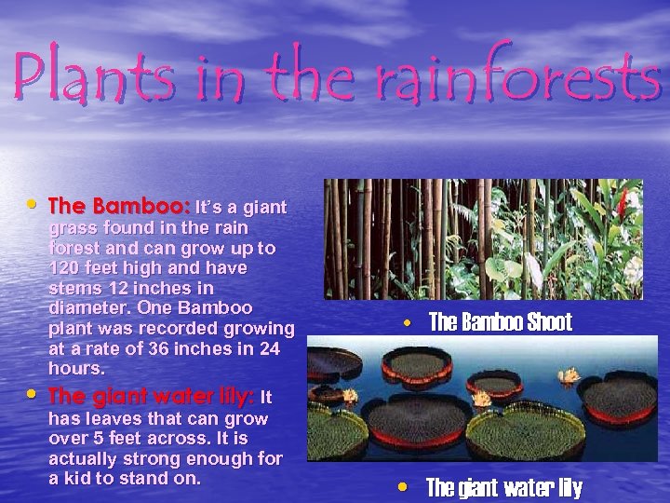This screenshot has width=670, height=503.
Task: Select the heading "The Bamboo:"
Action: pos(119,206)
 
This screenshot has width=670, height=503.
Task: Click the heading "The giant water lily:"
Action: pos(150,397)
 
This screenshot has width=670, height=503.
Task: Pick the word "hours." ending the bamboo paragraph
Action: pos(76,369)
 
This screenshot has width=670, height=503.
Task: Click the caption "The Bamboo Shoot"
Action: pos(500,323)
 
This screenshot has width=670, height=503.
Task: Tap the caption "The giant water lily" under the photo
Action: pos(503,487)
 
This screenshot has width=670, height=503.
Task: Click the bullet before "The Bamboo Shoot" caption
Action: pos(408,323)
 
